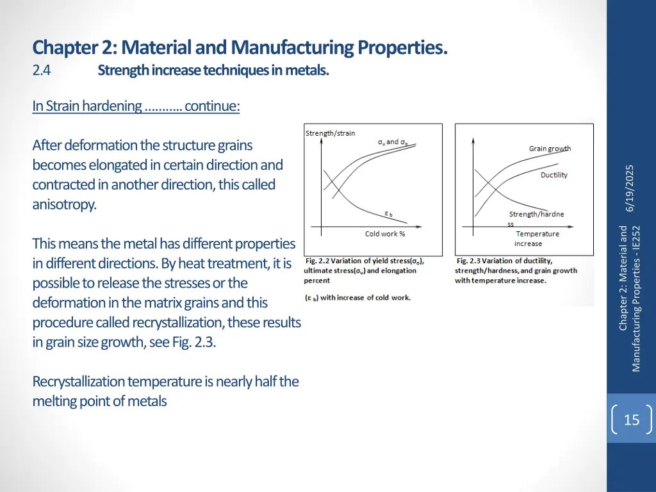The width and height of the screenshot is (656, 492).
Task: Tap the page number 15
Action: pos(631,420)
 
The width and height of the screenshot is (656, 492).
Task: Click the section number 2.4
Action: pos(42,70)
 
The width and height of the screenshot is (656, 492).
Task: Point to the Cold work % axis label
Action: pos(385,234)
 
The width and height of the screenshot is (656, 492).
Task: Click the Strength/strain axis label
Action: pos(330,133)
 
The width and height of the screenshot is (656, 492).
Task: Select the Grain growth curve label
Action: pos(550,149)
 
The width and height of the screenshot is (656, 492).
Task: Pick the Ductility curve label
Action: pos(553,175)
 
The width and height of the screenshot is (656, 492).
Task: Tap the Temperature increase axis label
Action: pos(537,238)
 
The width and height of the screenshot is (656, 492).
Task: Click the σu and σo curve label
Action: pos(392,142)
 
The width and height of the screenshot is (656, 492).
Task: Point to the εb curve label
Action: pos(388,214)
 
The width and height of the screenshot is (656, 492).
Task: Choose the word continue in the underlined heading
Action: pos(212,106)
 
